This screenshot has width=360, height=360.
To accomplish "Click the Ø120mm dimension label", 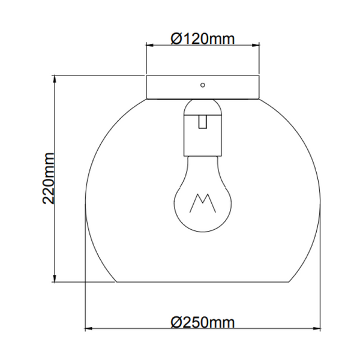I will point(202,39).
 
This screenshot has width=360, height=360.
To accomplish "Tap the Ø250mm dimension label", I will point(202,322).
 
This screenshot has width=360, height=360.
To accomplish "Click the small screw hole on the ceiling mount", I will point(203,85).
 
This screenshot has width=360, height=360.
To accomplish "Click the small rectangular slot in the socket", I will point(203,122).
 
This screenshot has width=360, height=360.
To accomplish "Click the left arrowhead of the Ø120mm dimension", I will point(150,45).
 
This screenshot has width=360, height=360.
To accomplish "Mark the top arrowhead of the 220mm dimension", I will point(56,79).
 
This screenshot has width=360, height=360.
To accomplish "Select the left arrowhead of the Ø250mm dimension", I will point(88,329).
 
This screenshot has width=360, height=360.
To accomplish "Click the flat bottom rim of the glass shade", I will point(202,281).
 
